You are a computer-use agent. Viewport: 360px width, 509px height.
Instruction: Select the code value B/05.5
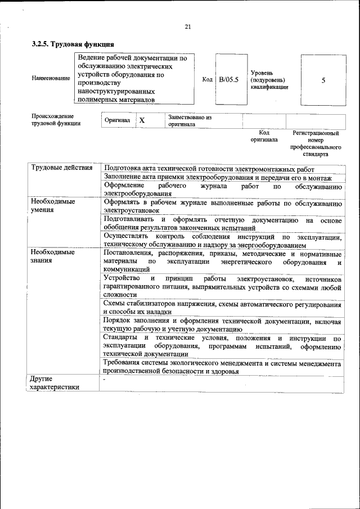pyautogui.click(x=229, y=80)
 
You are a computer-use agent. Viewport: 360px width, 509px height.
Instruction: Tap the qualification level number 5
pyautogui.click(x=323, y=80)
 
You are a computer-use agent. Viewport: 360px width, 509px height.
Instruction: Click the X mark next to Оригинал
pyautogui.click(x=142, y=121)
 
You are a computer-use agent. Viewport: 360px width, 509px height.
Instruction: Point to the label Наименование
pyautogui.click(x=51, y=78)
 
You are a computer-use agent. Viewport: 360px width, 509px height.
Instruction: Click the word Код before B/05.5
pyautogui.click(x=207, y=80)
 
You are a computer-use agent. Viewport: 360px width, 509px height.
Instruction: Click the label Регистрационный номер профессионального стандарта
pyautogui.click(x=316, y=143)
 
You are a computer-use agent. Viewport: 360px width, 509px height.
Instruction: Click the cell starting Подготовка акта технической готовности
pyautogui.click(x=209, y=169)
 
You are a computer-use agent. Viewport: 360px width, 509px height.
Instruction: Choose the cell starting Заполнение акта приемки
pyautogui.click(x=218, y=177)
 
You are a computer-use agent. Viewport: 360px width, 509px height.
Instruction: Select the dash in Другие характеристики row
pyautogui.click(x=105, y=380)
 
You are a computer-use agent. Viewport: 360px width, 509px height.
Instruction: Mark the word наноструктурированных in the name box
pyautogui.click(x=115, y=90)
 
